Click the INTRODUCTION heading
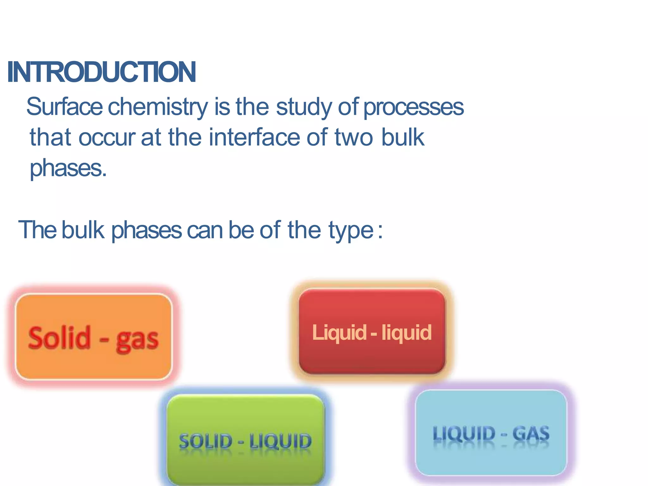[x=102, y=72]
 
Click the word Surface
[x=65, y=107]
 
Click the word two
[x=354, y=137]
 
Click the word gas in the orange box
[x=137, y=340]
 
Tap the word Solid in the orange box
[x=59, y=338]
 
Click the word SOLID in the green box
[x=206, y=441]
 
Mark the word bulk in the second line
[x=402, y=137]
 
